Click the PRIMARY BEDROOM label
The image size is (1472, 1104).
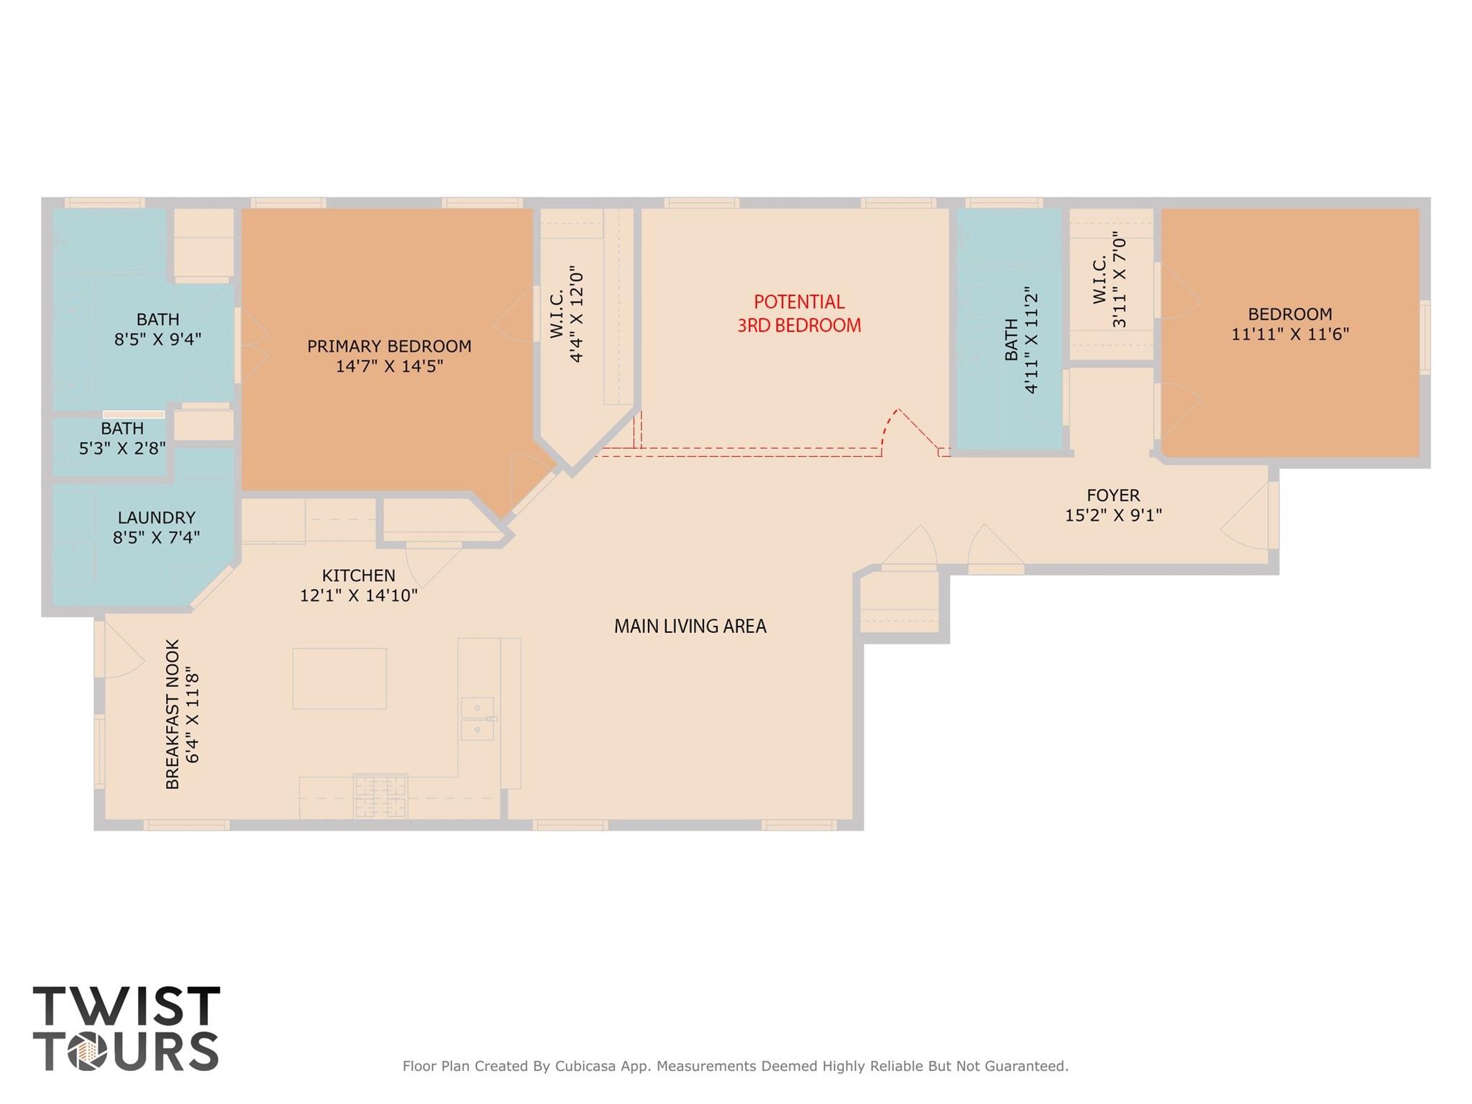tap(389, 346)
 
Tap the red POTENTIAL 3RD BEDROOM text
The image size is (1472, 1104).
tap(799, 314)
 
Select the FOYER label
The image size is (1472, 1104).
tap(1113, 495)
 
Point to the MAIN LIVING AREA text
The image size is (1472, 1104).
tap(690, 626)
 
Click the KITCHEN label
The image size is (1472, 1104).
tap(358, 575)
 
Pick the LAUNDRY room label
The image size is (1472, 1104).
tap(156, 517)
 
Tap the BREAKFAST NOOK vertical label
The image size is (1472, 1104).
tap(173, 714)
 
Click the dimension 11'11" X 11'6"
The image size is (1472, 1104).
tap(1290, 334)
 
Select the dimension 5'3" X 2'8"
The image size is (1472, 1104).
tap(122, 447)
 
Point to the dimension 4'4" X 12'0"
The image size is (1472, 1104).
tap(575, 314)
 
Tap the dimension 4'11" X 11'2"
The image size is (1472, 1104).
tap(1031, 341)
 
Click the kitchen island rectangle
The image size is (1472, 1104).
tap(339, 678)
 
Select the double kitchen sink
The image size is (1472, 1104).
tap(477, 718)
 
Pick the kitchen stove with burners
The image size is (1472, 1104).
tap(380, 795)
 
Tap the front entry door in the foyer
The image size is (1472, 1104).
tap(1251, 516)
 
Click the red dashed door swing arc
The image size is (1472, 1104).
tap(889, 431)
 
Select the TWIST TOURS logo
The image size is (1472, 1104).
tap(126, 1028)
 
